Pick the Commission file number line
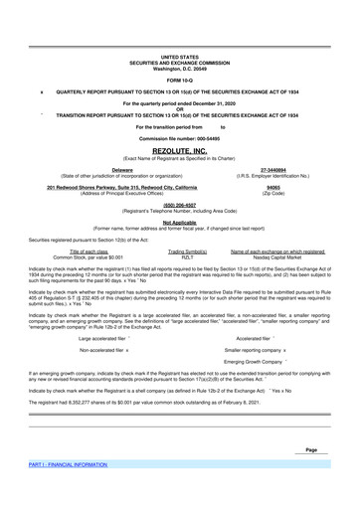(179, 137)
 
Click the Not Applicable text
(179, 223)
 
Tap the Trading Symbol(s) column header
(179, 253)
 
